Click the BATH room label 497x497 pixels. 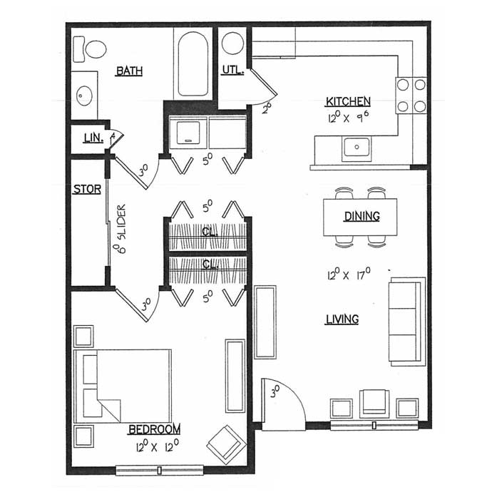tap(129, 71)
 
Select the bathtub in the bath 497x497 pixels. tap(193, 63)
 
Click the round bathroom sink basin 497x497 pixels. tap(84, 96)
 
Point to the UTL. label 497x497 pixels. tap(233, 70)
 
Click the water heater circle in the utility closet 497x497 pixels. tap(232, 43)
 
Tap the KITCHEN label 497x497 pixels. tap(348, 101)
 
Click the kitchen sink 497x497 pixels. tap(357, 148)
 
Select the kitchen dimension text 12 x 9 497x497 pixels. tap(349, 117)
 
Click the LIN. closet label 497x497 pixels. tap(93, 138)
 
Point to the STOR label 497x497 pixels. tap(87, 189)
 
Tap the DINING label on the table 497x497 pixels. tap(362, 216)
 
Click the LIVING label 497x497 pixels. tap(342, 319)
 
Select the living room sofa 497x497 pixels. tap(407, 322)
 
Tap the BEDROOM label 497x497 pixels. tap(154, 429)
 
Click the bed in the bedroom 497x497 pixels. tap(123, 386)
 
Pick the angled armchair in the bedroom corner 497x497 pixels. tap(226, 444)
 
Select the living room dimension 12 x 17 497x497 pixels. tap(349, 274)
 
